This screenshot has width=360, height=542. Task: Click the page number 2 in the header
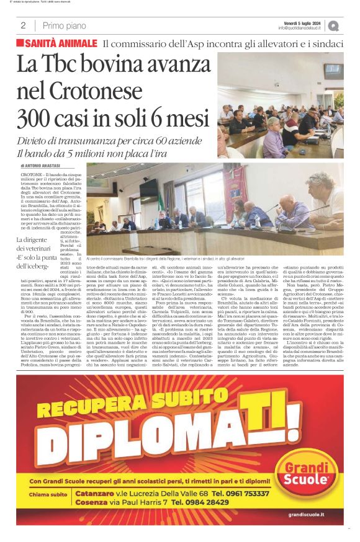23,25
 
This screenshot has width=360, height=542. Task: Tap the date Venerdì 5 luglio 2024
301,22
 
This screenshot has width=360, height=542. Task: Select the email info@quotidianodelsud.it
301,28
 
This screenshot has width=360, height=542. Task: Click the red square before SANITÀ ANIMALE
20,43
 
